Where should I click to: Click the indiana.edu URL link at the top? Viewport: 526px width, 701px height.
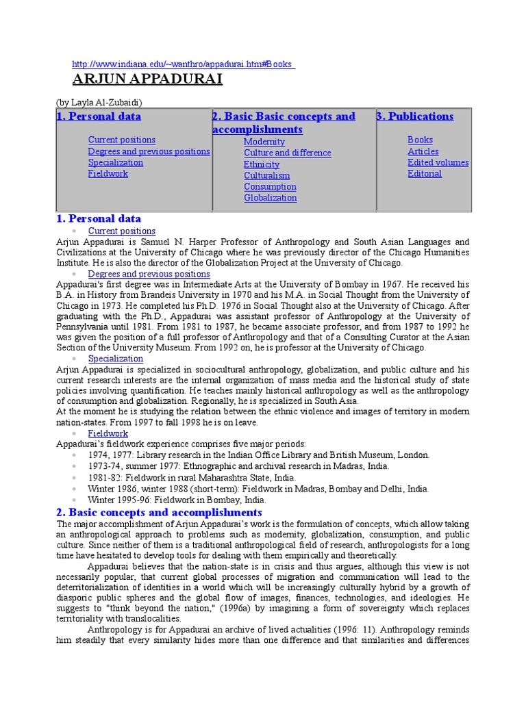183,64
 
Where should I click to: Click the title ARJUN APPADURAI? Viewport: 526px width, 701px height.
147,79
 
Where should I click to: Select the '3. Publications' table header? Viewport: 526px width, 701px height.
415,116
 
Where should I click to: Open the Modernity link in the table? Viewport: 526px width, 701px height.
264,142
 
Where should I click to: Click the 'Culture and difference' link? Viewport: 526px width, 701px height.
287,153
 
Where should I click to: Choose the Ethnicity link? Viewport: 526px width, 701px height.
262,164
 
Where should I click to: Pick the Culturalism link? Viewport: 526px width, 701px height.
266,175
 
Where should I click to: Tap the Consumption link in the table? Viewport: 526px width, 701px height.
270,186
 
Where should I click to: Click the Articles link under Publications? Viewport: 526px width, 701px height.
423,151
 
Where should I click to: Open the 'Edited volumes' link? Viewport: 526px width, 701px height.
438,162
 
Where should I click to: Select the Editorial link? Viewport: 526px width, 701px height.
425,173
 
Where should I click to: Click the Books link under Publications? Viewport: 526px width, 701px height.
420,140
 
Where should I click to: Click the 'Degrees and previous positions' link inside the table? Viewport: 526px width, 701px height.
149,151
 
